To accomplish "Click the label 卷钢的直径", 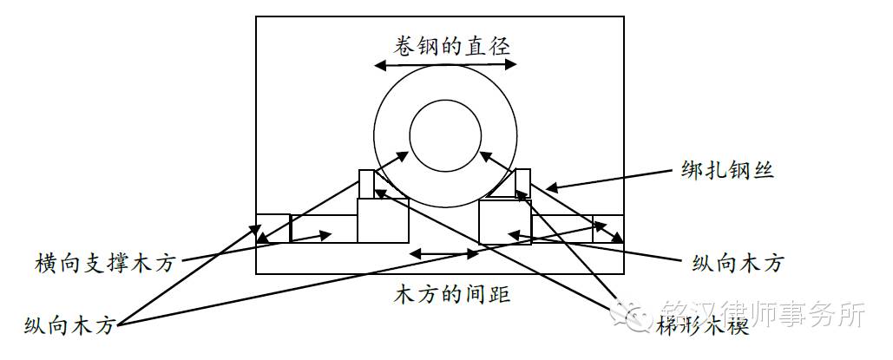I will click(x=443, y=43).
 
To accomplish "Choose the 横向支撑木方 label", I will click(x=105, y=263).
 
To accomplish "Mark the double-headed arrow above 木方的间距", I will click(x=444, y=253).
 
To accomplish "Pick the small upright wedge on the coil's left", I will click(x=366, y=183).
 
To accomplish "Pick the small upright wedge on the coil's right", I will click(x=522, y=183).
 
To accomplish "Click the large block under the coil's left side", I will click(x=383, y=220).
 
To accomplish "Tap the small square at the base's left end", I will click(x=272, y=228).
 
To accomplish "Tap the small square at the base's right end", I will click(x=607, y=228).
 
